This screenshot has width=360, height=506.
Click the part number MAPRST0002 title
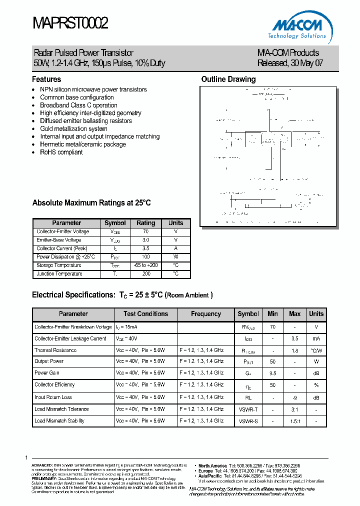coord(70,23)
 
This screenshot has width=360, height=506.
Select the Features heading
coord(46,79)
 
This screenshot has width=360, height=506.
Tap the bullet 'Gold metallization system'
coord(73,129)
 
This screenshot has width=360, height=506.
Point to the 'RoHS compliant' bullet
coord(61,152)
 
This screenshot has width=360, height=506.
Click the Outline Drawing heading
coord(228,79)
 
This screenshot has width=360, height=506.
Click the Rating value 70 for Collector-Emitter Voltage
coord(145,232)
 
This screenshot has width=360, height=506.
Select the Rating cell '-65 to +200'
coord(145,265)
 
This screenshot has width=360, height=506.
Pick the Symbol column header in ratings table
coord(115,223)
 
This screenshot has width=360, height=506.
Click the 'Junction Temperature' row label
coord(59,274)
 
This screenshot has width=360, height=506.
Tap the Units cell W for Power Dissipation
coord(175,257)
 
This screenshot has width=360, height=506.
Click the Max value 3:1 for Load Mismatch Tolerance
coord(294,409)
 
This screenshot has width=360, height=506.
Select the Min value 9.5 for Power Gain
coord(272,373)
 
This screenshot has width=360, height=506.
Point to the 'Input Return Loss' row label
coord(53,397)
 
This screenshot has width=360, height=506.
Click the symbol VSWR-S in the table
coord(248,421)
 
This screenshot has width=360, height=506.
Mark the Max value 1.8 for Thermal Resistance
coord(294,351)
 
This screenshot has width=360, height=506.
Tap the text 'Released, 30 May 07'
coord(290,63)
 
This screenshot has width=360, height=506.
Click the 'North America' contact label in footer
coord(212,465)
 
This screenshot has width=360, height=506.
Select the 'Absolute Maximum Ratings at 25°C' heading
coord(91,203)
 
